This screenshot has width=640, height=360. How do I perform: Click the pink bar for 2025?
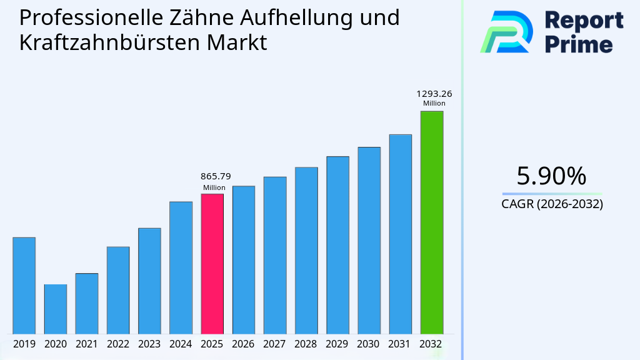pyautogui.click(x=212, y=264)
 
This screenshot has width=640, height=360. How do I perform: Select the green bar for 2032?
pyautogui.click(x=431, y=222)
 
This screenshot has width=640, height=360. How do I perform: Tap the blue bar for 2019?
pyautogui.click(x=24, y=286)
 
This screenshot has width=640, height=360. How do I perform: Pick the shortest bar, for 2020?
pyautogui.click(x=55, y=309)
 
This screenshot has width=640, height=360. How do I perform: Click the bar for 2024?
pyautogui.click(x=181, y=267)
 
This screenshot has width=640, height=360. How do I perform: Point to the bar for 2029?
pyautogui.click(x=337, y=245)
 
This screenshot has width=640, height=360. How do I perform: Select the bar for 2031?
pyautogui.click(x=400, y=234)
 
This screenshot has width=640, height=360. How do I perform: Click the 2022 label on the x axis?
pyautogui.click(x=118, y=344)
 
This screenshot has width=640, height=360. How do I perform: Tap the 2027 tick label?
pyautogui.click(x=275, y=344)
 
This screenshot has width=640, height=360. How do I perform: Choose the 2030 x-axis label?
pyautogui.click(x=369, y=344)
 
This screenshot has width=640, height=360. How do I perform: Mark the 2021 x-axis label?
pyautogui.click(x=86, y=344)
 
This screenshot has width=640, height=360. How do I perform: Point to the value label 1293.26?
pyautogui.click(x=434, y=94)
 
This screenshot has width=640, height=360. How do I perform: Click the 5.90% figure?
pyautogui.click(x=551, y=176)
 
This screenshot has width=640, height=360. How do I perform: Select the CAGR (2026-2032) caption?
pyautogui.click(x=552, y=204)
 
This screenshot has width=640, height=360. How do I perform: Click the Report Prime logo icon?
pyautogui.click(x=506, y=31)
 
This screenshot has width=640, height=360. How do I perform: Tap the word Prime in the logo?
pyautogui.click(x=579, y=44)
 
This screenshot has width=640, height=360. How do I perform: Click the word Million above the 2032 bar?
pyautogui.click(x=434, y=104)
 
